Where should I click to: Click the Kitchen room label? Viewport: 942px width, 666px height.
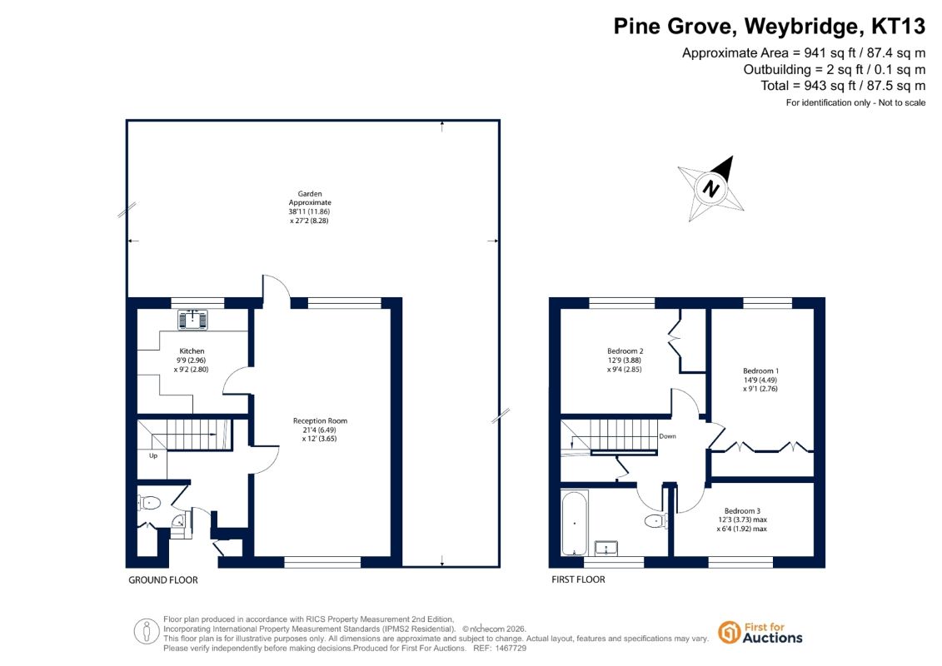[192, 351]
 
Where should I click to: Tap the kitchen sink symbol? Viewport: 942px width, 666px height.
[193, 320]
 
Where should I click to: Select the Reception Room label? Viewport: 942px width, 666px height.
[320, 421]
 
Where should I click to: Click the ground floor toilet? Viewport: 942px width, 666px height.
[150, 503]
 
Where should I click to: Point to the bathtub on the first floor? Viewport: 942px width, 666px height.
[575, 524]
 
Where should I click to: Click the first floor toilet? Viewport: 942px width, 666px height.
[656, 520]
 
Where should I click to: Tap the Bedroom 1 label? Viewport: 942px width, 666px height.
[760, 371]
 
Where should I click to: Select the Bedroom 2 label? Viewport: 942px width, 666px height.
[625, 351]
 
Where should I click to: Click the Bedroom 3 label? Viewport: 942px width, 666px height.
[742, 511]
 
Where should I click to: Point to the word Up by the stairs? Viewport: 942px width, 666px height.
[153, 456]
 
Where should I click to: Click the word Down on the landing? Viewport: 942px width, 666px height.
[667, 436]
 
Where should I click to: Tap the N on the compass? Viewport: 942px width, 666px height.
[711, 189]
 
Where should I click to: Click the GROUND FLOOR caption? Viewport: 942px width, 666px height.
[162, 580]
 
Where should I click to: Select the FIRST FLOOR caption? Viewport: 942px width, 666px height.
[578, 579]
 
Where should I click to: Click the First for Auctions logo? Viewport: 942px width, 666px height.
[760, 633]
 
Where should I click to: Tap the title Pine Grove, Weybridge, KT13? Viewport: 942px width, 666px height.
[769, 27]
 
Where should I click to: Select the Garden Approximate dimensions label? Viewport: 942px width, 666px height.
[309, 207]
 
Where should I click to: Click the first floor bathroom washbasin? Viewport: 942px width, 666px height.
[606, 548]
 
